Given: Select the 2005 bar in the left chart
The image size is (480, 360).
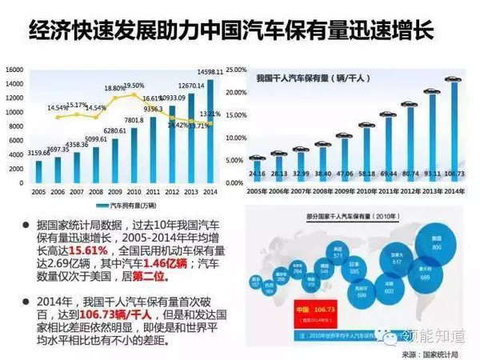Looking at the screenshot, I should click(x=39, y=171).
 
